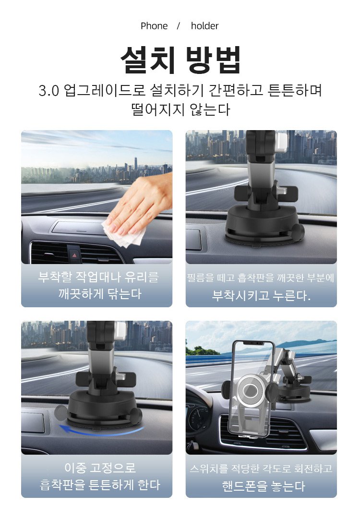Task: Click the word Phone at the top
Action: coord(154,26)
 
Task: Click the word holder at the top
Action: coord(204,26)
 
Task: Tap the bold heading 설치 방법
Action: coord(180,60)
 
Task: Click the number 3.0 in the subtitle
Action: coord(49,91)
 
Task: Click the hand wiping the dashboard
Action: coord(142,204)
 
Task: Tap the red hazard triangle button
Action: coord(75,255)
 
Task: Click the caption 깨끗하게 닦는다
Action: coord(100,294)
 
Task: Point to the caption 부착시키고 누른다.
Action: coord(261,295)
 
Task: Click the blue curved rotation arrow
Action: coord(100,432)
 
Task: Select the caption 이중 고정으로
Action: coord(100,468)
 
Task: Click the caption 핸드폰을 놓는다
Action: coord(264,486)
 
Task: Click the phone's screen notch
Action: coord(253,343)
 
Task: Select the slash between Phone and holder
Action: coord(178,26)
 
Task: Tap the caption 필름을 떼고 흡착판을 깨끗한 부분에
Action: coord(261,278)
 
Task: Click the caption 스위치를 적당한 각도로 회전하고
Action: coord(261,469)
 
